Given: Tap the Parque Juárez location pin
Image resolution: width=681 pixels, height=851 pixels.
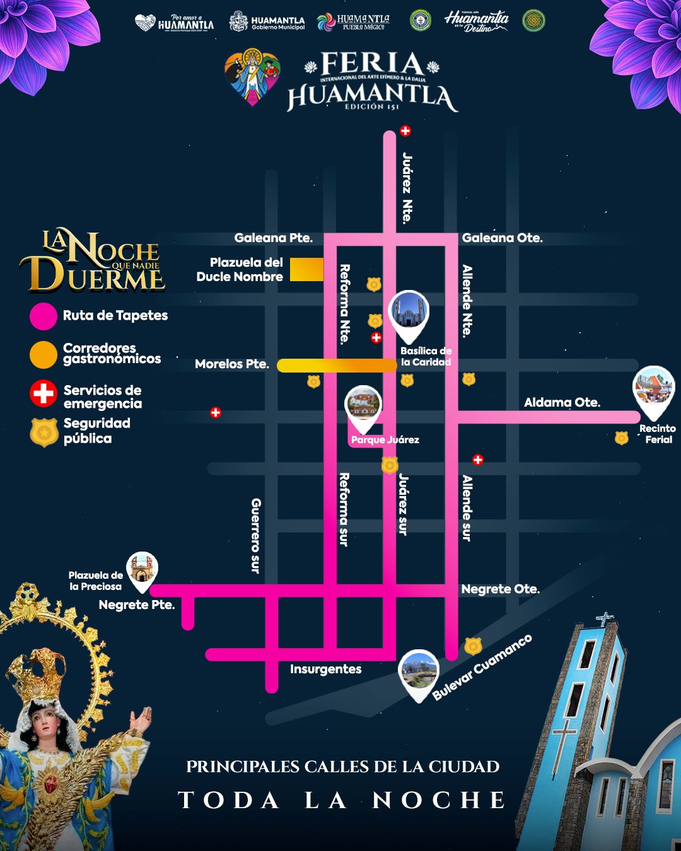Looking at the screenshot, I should click(363, 405).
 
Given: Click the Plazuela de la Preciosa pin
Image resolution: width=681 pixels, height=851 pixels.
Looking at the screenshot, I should click(142, 570).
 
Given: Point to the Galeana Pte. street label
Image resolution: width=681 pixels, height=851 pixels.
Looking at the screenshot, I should click(273, 238).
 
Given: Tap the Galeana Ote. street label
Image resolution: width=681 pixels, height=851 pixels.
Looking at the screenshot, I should click(502, 238).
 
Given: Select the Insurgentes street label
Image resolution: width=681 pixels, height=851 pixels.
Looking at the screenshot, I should click(325, 669).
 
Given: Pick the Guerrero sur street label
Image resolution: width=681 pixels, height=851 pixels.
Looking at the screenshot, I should click(255, 535).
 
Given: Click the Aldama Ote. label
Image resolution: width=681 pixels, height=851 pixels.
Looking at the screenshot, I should click(562, 402).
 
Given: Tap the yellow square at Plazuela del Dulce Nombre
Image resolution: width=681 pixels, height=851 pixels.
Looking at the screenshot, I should click(306, 269).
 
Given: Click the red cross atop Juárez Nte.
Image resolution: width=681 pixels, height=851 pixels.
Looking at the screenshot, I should click(405, 131).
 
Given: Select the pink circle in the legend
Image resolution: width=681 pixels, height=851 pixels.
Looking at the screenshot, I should click(43, 316).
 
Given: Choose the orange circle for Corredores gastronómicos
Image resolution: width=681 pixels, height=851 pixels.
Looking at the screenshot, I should click(43, 355).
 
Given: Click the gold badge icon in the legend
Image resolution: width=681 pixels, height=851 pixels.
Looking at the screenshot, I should click(44, 432).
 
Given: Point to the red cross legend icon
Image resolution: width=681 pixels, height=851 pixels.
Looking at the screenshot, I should click(43, 394).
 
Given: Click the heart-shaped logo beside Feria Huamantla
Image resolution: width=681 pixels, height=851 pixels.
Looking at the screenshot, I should click(252, 76).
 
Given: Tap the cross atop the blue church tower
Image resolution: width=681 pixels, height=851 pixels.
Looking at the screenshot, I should click(605, 618).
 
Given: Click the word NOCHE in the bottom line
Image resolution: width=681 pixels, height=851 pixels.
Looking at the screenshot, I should click(439, 800).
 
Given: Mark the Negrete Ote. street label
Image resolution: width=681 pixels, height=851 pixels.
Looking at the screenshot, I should click(500, 589).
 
